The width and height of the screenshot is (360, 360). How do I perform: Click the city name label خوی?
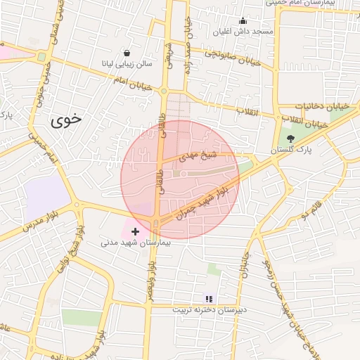(x=67, y=120)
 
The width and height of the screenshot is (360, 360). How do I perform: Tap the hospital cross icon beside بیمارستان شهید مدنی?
(x=136, y=231)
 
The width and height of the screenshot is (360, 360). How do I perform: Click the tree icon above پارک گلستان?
(x=291, y=139)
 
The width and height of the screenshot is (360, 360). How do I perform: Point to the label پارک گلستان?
(x=293, y=150)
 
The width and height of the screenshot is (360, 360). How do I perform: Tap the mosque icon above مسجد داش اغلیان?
(x=243, y=20)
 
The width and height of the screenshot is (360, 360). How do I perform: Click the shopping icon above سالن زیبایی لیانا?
(x=127, y=53)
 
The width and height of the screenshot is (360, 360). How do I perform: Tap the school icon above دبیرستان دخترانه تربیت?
(x=208, y=299)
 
